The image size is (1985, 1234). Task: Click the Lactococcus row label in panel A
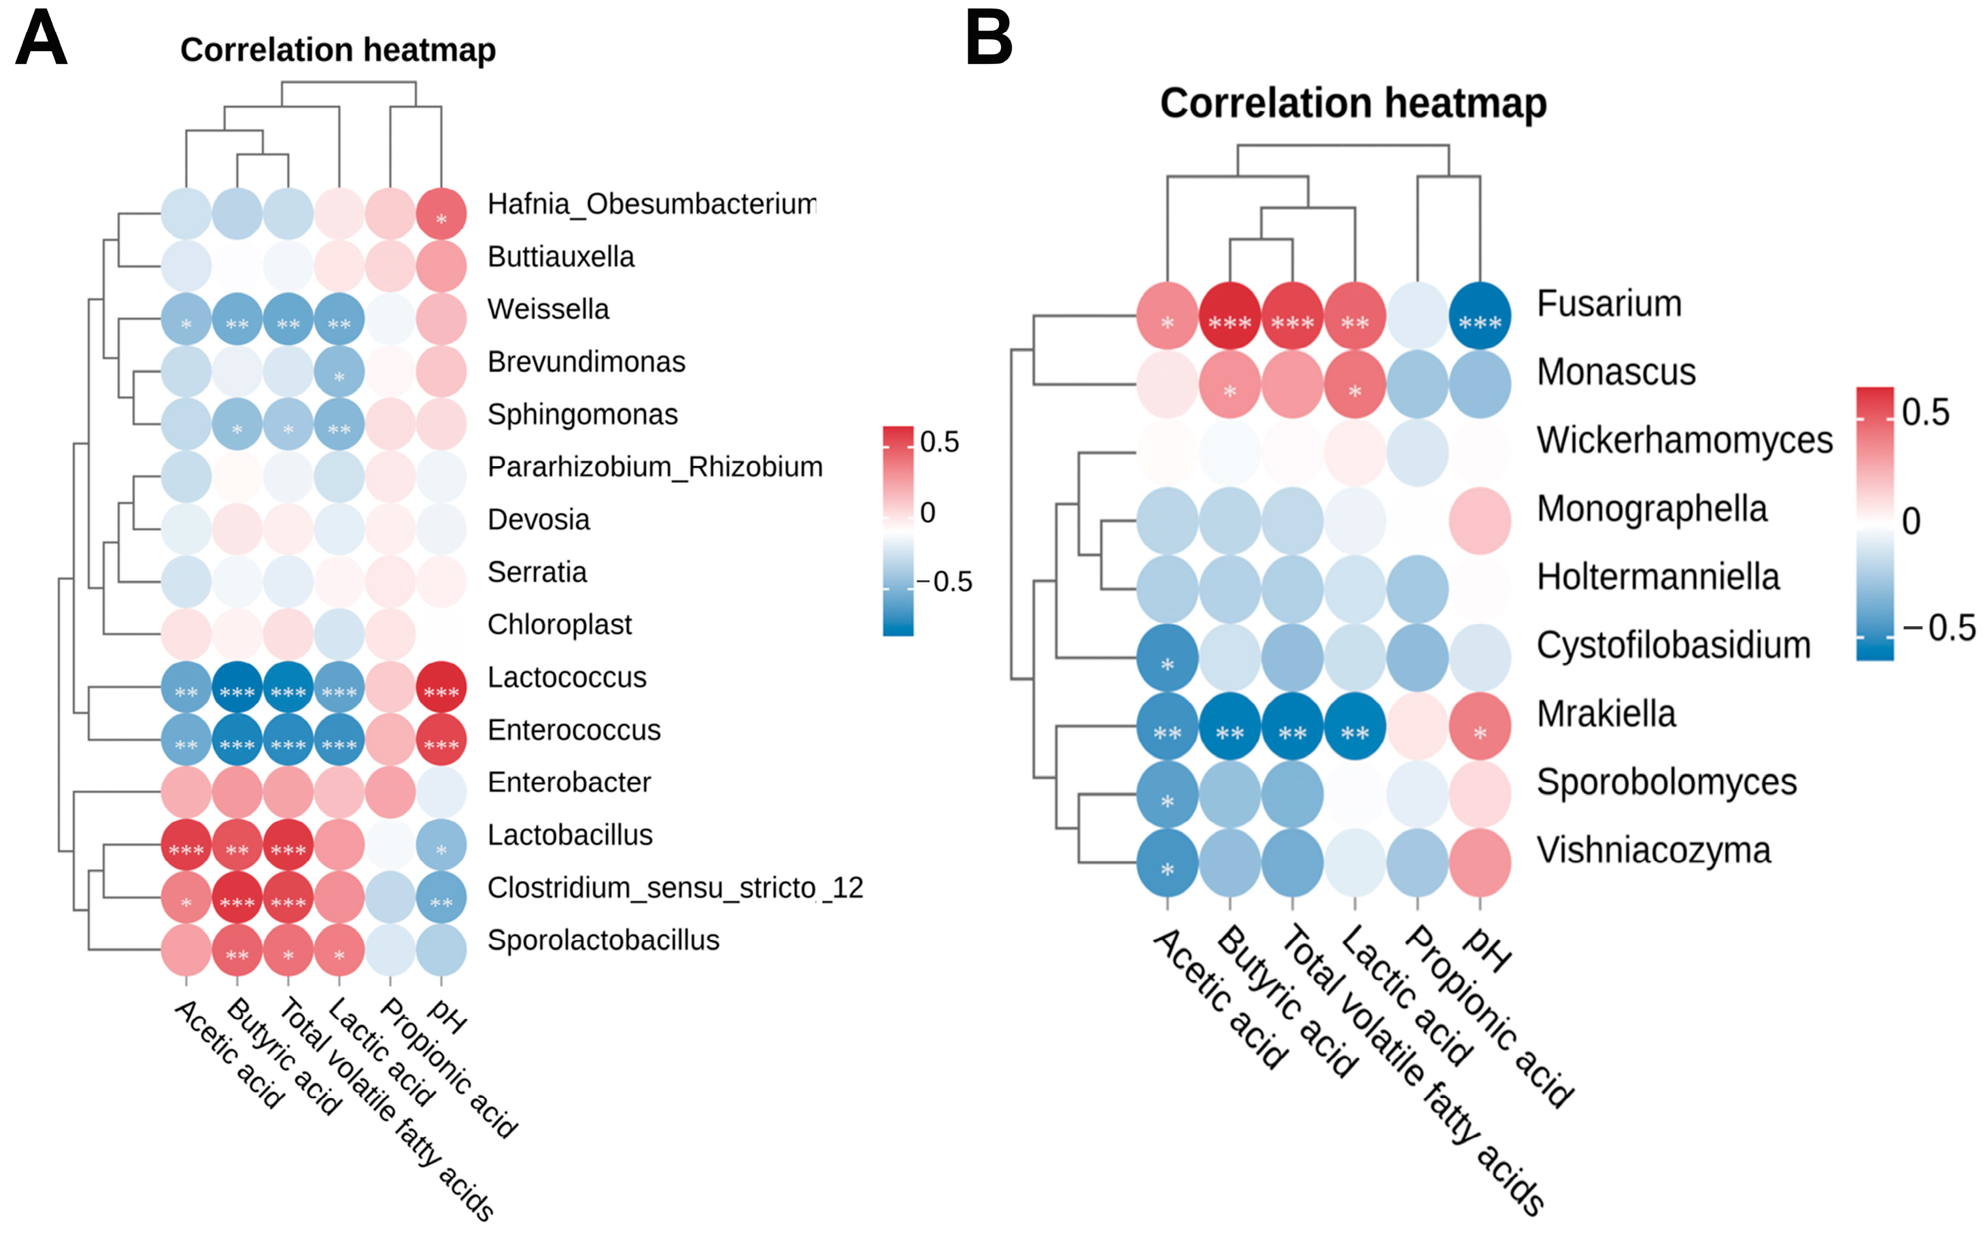(x=566, y=677)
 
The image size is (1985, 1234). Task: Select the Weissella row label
(x=548, y=309)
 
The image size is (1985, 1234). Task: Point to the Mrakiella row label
(x=1606, y=714)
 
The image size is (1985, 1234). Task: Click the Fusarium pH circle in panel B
(x=1480, y=316)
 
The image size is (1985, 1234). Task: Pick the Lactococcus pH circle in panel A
(x=441, y=686)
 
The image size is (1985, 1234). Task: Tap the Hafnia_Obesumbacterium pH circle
(x=441, y=213)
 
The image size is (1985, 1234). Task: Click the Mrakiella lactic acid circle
(x=1355, y=726)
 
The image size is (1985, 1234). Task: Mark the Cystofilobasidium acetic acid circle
(x=1167, y=658)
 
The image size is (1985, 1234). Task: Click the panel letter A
(x=41, y=39)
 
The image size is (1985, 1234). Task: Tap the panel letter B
(x=989, y=39)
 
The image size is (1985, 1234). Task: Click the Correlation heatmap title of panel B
(x=1353, y=104)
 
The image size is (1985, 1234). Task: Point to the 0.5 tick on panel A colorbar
(x=940, y=442)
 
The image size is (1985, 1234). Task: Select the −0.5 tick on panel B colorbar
(x=1939, y=627)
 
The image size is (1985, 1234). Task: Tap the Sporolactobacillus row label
(x=603, y=940)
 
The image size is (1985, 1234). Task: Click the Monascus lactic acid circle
(x=1355, y=384)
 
